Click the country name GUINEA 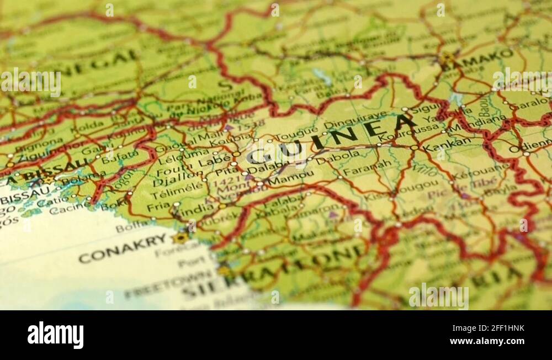[331, 138]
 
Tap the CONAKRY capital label [123, 248]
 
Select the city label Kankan [447, 145]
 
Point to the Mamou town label [290, 176]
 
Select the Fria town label [158, 205]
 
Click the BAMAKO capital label [477, 59]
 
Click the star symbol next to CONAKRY [180, 238]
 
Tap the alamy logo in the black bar [56, 335]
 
